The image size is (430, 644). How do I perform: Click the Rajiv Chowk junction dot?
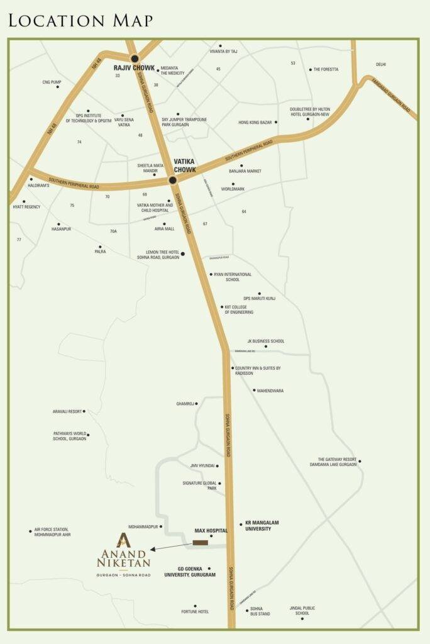[x=134, y=58]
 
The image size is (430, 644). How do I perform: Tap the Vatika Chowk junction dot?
[x=172, y=180]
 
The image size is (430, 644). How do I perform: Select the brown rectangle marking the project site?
[x=200, y=542]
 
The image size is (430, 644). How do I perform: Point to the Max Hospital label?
[x=211, y=531]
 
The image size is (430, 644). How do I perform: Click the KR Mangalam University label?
[x=258, y=526]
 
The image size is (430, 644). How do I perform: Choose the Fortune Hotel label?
[x=196, y=612]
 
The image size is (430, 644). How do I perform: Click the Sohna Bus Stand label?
[x=260, y=611]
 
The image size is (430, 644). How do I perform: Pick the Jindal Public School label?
[x=302, y=611]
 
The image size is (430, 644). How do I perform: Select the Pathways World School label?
[x=69, y=436]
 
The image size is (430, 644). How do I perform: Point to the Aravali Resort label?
[x=67, y=411]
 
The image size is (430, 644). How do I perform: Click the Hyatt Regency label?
[x=26, y=207]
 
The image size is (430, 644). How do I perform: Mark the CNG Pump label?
[x=52, y=82]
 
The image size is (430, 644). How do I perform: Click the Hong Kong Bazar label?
[x=255, y=122]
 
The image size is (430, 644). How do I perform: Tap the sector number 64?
[x=244, y=211]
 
